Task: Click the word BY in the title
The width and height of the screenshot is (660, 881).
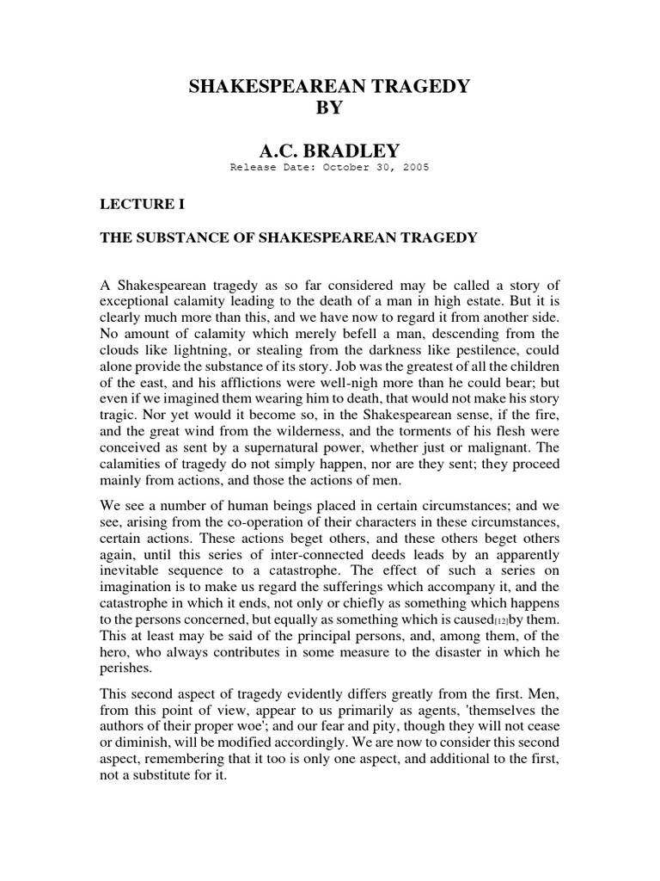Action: (330, 108)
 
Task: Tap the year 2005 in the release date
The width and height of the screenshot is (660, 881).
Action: (412, 168)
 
